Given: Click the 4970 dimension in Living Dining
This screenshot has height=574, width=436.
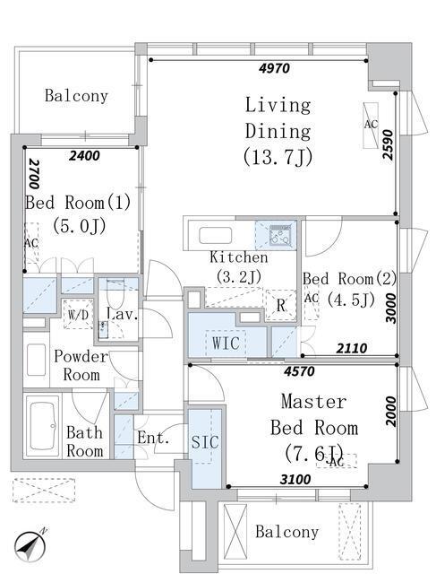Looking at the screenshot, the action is pos(274,68).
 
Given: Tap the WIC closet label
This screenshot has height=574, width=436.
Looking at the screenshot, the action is pos(226,343).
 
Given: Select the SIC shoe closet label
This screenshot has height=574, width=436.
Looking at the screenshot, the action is pos(205,442).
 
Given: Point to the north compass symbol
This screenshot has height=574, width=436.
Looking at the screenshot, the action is pos(30,546).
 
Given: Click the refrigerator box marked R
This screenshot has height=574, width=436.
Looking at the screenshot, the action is pos(281,305).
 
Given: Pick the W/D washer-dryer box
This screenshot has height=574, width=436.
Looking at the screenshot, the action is pos(78,314).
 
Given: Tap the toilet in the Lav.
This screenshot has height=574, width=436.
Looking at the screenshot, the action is pos(115,293).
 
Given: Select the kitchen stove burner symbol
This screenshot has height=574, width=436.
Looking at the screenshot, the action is pos(281,235).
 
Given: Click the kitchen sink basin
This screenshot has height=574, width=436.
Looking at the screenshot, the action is pos(215,235).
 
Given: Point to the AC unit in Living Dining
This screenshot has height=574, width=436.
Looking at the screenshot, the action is pos(371,126).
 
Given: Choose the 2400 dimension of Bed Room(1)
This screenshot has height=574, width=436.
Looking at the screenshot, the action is pos(84,155).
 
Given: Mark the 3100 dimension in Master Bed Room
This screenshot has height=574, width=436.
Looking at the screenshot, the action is pos(295,479).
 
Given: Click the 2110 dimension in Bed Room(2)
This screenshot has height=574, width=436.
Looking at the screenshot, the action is pos(351,348).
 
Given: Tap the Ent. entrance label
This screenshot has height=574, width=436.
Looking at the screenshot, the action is pos(153,438).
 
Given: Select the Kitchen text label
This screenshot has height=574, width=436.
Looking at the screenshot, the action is pos(239,257).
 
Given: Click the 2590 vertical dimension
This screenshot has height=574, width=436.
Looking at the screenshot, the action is pos(389,145).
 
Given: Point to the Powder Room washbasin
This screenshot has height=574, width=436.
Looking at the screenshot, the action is pos(36,360).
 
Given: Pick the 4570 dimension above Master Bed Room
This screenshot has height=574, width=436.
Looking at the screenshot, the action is pos(299,371).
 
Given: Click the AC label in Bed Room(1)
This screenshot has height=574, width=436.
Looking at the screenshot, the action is pos(31,243).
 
